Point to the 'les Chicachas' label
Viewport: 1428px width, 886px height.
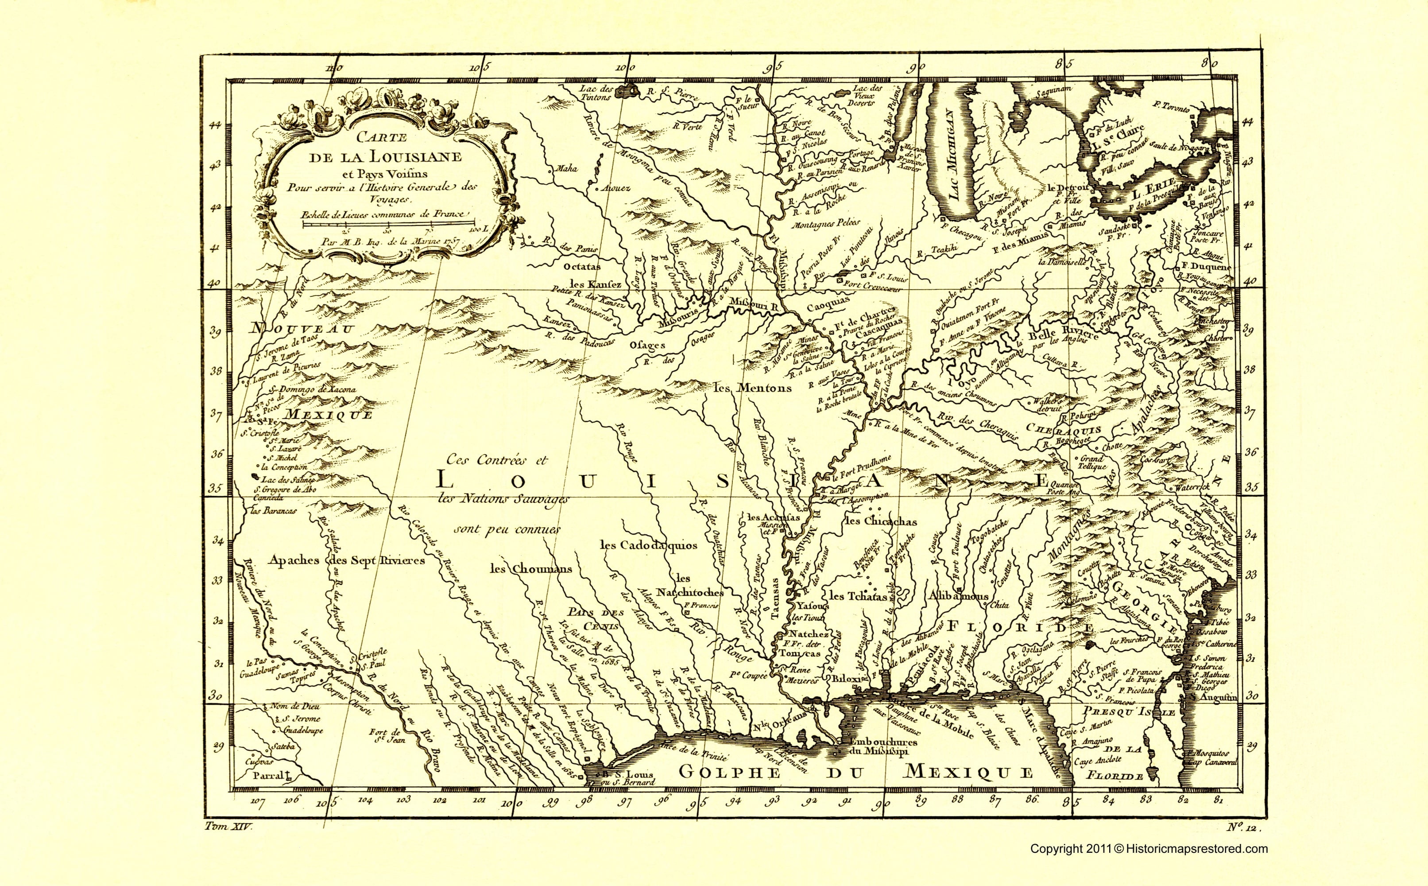point(880,521)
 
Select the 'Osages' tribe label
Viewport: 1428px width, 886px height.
point(648,345)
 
